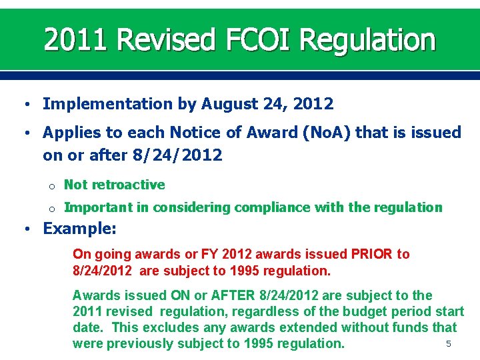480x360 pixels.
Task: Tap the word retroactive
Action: coord(128,185)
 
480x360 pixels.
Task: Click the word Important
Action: coord(99,207)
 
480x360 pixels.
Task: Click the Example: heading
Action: coord(79,229)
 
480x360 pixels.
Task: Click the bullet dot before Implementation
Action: coord(25,105)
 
